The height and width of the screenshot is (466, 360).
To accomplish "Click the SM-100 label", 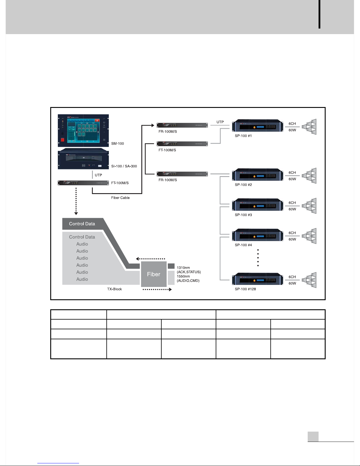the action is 118,144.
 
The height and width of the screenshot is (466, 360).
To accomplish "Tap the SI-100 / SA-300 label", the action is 124,166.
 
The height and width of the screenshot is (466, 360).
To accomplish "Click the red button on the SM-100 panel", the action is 62,140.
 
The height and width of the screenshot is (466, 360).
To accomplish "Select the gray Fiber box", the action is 154,274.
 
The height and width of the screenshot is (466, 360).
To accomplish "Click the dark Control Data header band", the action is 82,224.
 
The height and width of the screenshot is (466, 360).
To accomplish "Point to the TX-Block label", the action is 114,289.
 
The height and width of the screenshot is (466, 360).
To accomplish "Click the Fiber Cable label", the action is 120,198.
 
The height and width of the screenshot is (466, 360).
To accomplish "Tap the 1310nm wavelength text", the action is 183,268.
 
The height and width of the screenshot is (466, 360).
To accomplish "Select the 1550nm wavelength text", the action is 183,276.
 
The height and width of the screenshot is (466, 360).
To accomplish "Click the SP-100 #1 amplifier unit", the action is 258,126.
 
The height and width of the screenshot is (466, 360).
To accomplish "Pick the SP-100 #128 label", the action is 245,289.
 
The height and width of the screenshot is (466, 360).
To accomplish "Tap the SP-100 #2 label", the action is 243,185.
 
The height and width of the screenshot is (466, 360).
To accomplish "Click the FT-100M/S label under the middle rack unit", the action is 167,150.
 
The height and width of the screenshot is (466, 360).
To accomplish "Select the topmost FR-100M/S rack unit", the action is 182,125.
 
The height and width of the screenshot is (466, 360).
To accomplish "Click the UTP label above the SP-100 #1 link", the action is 220,122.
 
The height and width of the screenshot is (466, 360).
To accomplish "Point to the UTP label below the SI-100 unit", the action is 98,175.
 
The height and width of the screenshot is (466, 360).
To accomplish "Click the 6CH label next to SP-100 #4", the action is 292,233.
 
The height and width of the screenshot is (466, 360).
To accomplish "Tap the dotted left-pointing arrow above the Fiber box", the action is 150,259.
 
